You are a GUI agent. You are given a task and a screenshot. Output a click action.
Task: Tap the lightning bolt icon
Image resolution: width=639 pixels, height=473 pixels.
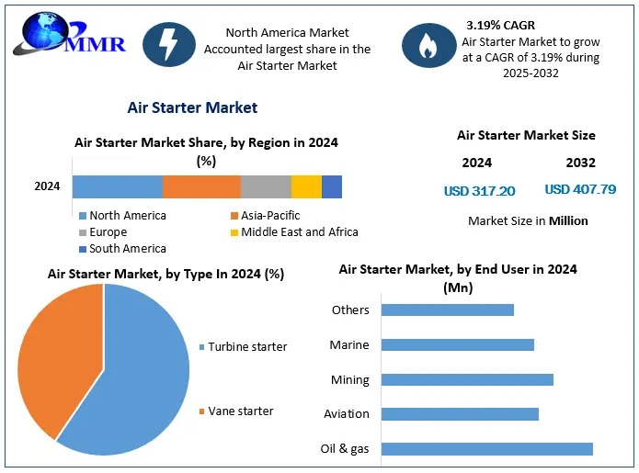pyautogui.click(x=169, y=44)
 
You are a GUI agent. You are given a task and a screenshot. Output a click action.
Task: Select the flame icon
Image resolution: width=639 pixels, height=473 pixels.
pyautogui.click(x=428, y=45)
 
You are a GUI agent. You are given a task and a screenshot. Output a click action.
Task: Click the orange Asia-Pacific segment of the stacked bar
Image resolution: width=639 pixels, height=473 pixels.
pyautogui.click(x=201, y=186)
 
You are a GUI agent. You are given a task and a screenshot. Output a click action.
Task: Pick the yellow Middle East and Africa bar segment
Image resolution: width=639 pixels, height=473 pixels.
pyautogui.click(x=306, y=186)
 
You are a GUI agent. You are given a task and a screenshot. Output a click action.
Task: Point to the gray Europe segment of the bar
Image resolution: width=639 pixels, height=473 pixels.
pyautogui.click(x=266, y=186)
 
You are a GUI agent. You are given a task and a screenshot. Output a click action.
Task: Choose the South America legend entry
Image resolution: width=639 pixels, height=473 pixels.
pyautogui.click(x=122, y=248)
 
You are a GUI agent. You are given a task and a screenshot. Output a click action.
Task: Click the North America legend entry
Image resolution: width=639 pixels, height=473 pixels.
pyautogui.click(x=122, y=215)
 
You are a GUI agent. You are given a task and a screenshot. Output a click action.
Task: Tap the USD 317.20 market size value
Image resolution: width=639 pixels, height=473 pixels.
pyautogui.click(x=479, y=191)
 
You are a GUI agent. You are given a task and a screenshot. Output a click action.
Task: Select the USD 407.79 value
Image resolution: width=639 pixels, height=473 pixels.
pyautogui.click(x=580, y=189)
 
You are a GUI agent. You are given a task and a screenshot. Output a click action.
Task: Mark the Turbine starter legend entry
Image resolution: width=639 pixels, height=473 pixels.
pyautogui.click(x=244, y=347)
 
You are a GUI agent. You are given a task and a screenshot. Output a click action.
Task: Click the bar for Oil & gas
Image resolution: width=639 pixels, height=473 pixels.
pyautogui.click(x=487, y=449)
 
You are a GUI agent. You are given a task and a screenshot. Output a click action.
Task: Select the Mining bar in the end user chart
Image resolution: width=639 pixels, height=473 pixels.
pyautogui.click(x=467, y=380)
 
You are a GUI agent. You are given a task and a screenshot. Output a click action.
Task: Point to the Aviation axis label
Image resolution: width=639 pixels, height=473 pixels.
pyautogui.click(x=347, y=414)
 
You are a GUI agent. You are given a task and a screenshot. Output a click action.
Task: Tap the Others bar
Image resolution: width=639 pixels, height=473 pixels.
pyautogui.click(x=448, y=310)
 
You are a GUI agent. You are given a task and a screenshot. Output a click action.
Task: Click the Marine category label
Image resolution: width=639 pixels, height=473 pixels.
pyautogui.click(x=349, y=344)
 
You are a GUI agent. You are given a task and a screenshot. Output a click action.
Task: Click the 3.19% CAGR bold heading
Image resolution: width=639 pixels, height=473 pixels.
pyautogui.click(x=500, y=25)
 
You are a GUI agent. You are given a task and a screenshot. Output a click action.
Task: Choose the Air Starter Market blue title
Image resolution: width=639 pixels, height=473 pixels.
pyautogui.click(x=192, y=107)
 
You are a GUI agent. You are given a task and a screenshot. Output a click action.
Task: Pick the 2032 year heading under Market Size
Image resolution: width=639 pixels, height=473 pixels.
pyautogui.click(x=581, y=163)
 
